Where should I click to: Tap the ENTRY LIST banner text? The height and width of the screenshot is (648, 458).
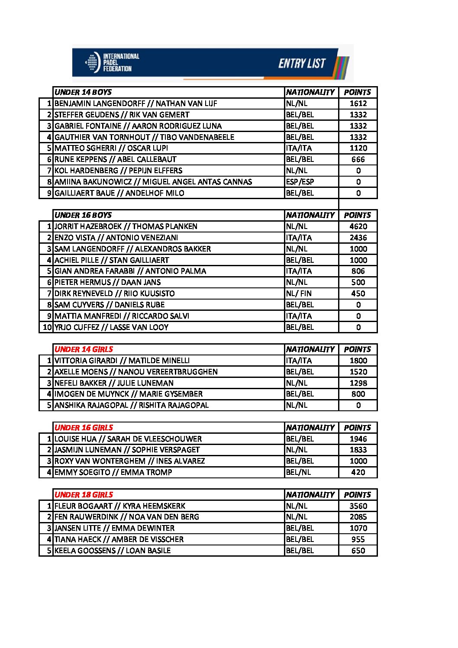tap(302, 64)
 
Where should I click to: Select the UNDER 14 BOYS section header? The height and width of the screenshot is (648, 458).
tap(83, 92)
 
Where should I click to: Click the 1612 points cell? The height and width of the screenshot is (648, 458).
tap(358, 103)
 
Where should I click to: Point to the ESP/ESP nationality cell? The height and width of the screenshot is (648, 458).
tap(300, 182)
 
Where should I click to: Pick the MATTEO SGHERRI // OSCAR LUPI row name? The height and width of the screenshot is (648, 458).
tap(111, 148)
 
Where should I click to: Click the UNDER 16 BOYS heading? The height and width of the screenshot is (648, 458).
tap(83, 215)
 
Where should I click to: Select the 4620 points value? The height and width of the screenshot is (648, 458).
tap(358, 226)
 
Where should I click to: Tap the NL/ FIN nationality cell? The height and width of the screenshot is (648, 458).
tap(299, 293)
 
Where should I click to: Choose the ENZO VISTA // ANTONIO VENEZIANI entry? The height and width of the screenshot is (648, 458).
tap(116, 238)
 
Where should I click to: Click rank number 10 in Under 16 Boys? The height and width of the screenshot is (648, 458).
tap(47, 327)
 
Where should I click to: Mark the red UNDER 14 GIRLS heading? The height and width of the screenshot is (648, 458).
tap(84, 349)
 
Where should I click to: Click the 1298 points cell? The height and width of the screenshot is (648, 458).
tap(358, 383)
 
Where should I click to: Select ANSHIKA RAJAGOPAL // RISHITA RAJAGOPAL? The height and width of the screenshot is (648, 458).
tap(132, 405)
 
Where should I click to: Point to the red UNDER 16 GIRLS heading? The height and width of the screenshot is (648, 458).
tap(84, 428)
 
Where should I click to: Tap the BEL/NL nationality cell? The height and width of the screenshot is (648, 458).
tap(298, 472)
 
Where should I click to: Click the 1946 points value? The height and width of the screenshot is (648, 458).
tap(358, 439)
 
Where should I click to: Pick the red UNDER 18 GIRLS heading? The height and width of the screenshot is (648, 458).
tap(84, 495)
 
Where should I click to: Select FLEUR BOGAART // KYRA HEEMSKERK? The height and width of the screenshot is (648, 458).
tap(120, 506)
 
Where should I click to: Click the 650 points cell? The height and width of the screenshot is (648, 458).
tap(358, 551)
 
